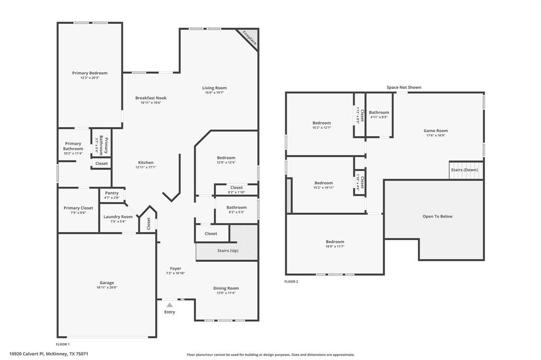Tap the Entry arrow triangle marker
coord(170,305)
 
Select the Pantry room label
coord(112,193)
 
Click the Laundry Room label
coord(118,217)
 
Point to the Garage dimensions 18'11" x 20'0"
coord(107,288)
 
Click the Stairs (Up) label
coord(228,250)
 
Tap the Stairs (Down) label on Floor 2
coord(464,170)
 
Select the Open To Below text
coord(437,216)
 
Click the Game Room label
coord(436,131)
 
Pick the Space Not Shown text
coord(404,88)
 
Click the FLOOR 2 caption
coord(291,282)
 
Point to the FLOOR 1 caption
coord(63,344)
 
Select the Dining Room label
coord(226,288)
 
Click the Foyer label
coord(175,269)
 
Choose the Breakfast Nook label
coord(151,98)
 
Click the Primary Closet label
coord(78,208)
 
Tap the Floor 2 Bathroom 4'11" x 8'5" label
coord(379,112)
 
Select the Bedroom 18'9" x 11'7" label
coord(334,242)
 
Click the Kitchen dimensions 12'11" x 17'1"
coord(146,167)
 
